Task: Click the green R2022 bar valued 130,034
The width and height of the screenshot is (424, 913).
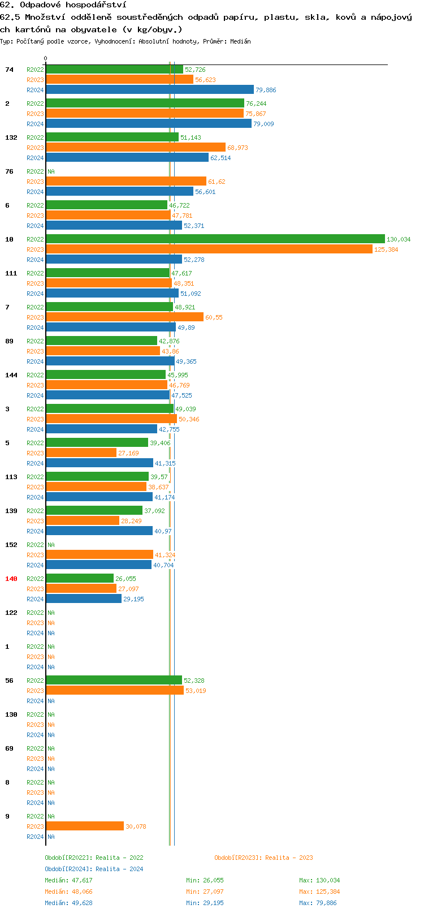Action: click(x=215, y=239)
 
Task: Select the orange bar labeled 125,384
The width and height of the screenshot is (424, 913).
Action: click(x=209, y=249)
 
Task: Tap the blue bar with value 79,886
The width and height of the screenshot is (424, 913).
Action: click(x=150, y=90)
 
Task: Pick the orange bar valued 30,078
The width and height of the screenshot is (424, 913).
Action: click(x=85, y=826)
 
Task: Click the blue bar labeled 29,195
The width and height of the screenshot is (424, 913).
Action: click(x=84, y=599)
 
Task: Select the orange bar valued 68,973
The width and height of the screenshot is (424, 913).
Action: click(x=136, y=148)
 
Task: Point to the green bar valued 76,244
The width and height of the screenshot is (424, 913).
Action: click(x=145, y=104)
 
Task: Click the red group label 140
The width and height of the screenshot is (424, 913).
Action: click(x=11, y=579)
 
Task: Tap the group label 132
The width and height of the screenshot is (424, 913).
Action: click(x=11, y=137)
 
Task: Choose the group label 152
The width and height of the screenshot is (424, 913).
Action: click(x=11, y=545)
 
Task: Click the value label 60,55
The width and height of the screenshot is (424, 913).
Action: click(x=214, y=317)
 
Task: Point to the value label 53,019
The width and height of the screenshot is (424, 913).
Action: click(x=196, y=691)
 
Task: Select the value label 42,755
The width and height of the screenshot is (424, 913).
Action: click(x=169, y=429)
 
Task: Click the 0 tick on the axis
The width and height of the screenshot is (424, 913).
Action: click(x=46, y=58)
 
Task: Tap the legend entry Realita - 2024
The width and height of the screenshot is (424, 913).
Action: click(x=119, y=869)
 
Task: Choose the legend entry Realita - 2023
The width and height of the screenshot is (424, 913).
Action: click(x=289, y=858)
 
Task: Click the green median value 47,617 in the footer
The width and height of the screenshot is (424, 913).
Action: click(x=82, y=880)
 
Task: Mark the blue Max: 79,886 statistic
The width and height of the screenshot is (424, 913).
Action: click(x=318, y=903)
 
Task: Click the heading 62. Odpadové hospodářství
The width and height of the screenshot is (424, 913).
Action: click(x=63, y=5)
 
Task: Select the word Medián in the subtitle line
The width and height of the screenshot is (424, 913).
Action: click(x=240, y=41)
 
